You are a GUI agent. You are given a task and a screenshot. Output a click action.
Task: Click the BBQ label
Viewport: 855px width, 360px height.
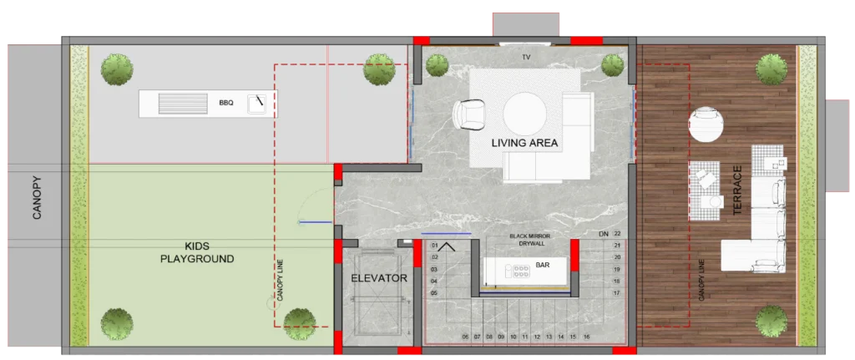[x=225, y=103]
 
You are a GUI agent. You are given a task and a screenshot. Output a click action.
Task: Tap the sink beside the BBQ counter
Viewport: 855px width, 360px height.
[x=256, y=103]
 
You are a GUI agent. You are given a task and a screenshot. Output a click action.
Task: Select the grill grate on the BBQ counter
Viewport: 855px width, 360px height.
[x=183, y=104]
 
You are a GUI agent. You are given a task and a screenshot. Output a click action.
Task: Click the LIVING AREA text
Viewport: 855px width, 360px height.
[x=524, y=144]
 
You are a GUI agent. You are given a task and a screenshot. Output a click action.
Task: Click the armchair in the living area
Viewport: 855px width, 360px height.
[x=468, y=115]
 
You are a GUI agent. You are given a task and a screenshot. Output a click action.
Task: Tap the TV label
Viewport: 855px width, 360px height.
[x=526, y=57]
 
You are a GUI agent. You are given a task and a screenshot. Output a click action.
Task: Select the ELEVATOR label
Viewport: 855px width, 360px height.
[x=379, y=278]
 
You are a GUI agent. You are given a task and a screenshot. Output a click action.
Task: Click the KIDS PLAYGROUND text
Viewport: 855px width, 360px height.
[x=197, y=252]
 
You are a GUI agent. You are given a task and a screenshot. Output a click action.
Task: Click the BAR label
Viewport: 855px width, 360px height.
[x=543, y=265]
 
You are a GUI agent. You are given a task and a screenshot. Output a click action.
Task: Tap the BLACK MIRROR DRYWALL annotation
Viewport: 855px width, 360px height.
[x=530, y=240]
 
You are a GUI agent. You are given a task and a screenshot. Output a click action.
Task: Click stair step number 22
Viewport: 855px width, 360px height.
[x=617, y=233]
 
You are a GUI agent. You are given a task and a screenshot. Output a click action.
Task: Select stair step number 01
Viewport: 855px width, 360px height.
[x=434, y=245]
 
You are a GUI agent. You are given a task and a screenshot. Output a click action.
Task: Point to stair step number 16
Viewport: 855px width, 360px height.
[x=586, y=337]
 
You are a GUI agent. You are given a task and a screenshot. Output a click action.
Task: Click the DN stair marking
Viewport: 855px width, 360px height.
[x=604, y=233]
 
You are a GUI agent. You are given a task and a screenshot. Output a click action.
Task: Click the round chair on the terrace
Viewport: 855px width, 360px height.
[x=706, y=124]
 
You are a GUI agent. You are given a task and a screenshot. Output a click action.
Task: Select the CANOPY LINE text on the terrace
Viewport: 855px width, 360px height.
[x=701, y=280]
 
